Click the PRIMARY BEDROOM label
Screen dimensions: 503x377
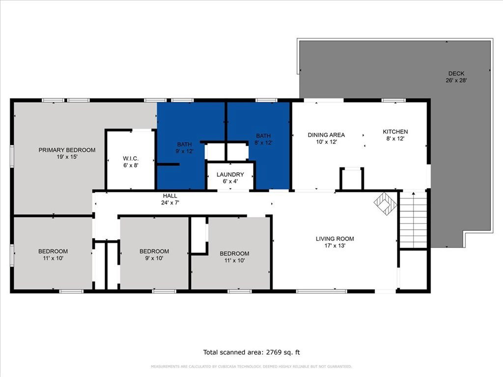point(67,150)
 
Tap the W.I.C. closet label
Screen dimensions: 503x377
point(131,159)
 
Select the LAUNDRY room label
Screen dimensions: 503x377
point(230,174)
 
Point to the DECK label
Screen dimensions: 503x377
point(456,74)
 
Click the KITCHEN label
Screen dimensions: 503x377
point(395,132)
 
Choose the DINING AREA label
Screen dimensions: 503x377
point(326,135)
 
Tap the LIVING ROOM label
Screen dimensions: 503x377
point(335,239)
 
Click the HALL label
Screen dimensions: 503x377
point(170,195)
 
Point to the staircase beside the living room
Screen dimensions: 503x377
point(413,220)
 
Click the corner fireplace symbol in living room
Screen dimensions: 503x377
point(386,204)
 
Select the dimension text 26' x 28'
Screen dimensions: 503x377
point(456,81)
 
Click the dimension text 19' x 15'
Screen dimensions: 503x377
point(67,157)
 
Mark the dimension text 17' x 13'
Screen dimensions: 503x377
point(335,245)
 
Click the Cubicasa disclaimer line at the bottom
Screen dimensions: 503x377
point(251,366)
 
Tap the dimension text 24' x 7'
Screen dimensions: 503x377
point(170,203)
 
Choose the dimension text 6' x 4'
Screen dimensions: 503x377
point(230,182)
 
